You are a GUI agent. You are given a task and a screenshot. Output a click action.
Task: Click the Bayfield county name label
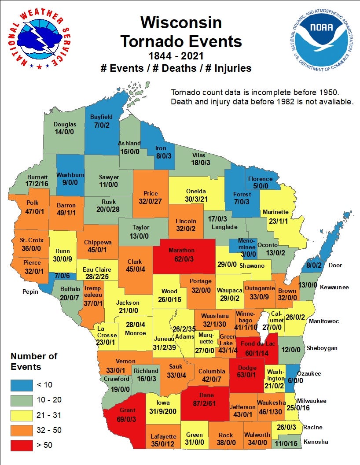pos(101,117)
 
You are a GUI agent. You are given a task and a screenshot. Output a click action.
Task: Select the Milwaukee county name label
pos(311,401)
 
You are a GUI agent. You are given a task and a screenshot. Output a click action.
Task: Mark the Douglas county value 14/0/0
pos(65,132)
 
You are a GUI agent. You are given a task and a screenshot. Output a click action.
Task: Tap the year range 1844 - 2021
pos(181,56)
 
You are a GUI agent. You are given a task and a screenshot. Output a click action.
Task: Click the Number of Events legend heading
pos(34,361)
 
